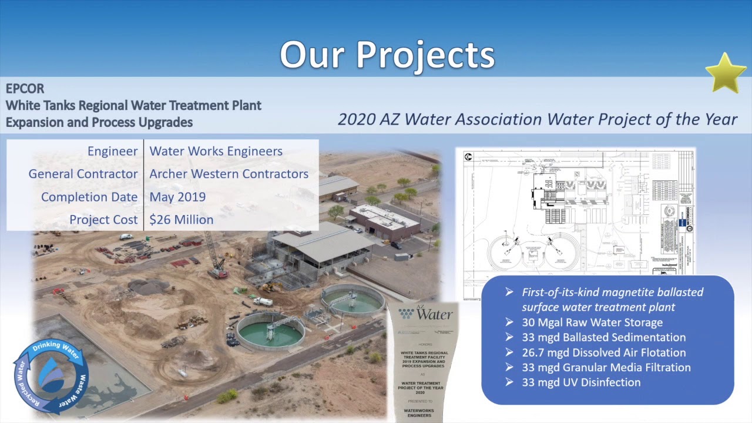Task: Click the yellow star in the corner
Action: [726, 73]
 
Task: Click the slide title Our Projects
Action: [387, 55]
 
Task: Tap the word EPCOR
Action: [25, 89]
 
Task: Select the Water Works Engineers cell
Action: [216, 151]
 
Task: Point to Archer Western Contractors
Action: [229, 174]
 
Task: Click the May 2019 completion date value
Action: [177, 197]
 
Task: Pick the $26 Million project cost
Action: [181, 220]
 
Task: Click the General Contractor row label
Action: [83, 174]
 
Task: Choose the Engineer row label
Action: [112, 151]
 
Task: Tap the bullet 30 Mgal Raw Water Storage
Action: [592, 323]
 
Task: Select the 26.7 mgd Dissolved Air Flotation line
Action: [603, 352]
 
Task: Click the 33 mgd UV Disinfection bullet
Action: [580, 382]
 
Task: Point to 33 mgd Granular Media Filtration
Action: [606, 367]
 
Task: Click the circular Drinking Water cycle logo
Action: [51, 376]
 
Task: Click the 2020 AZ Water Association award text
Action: [537, 119]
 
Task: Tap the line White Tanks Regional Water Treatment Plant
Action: [133, 106]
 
